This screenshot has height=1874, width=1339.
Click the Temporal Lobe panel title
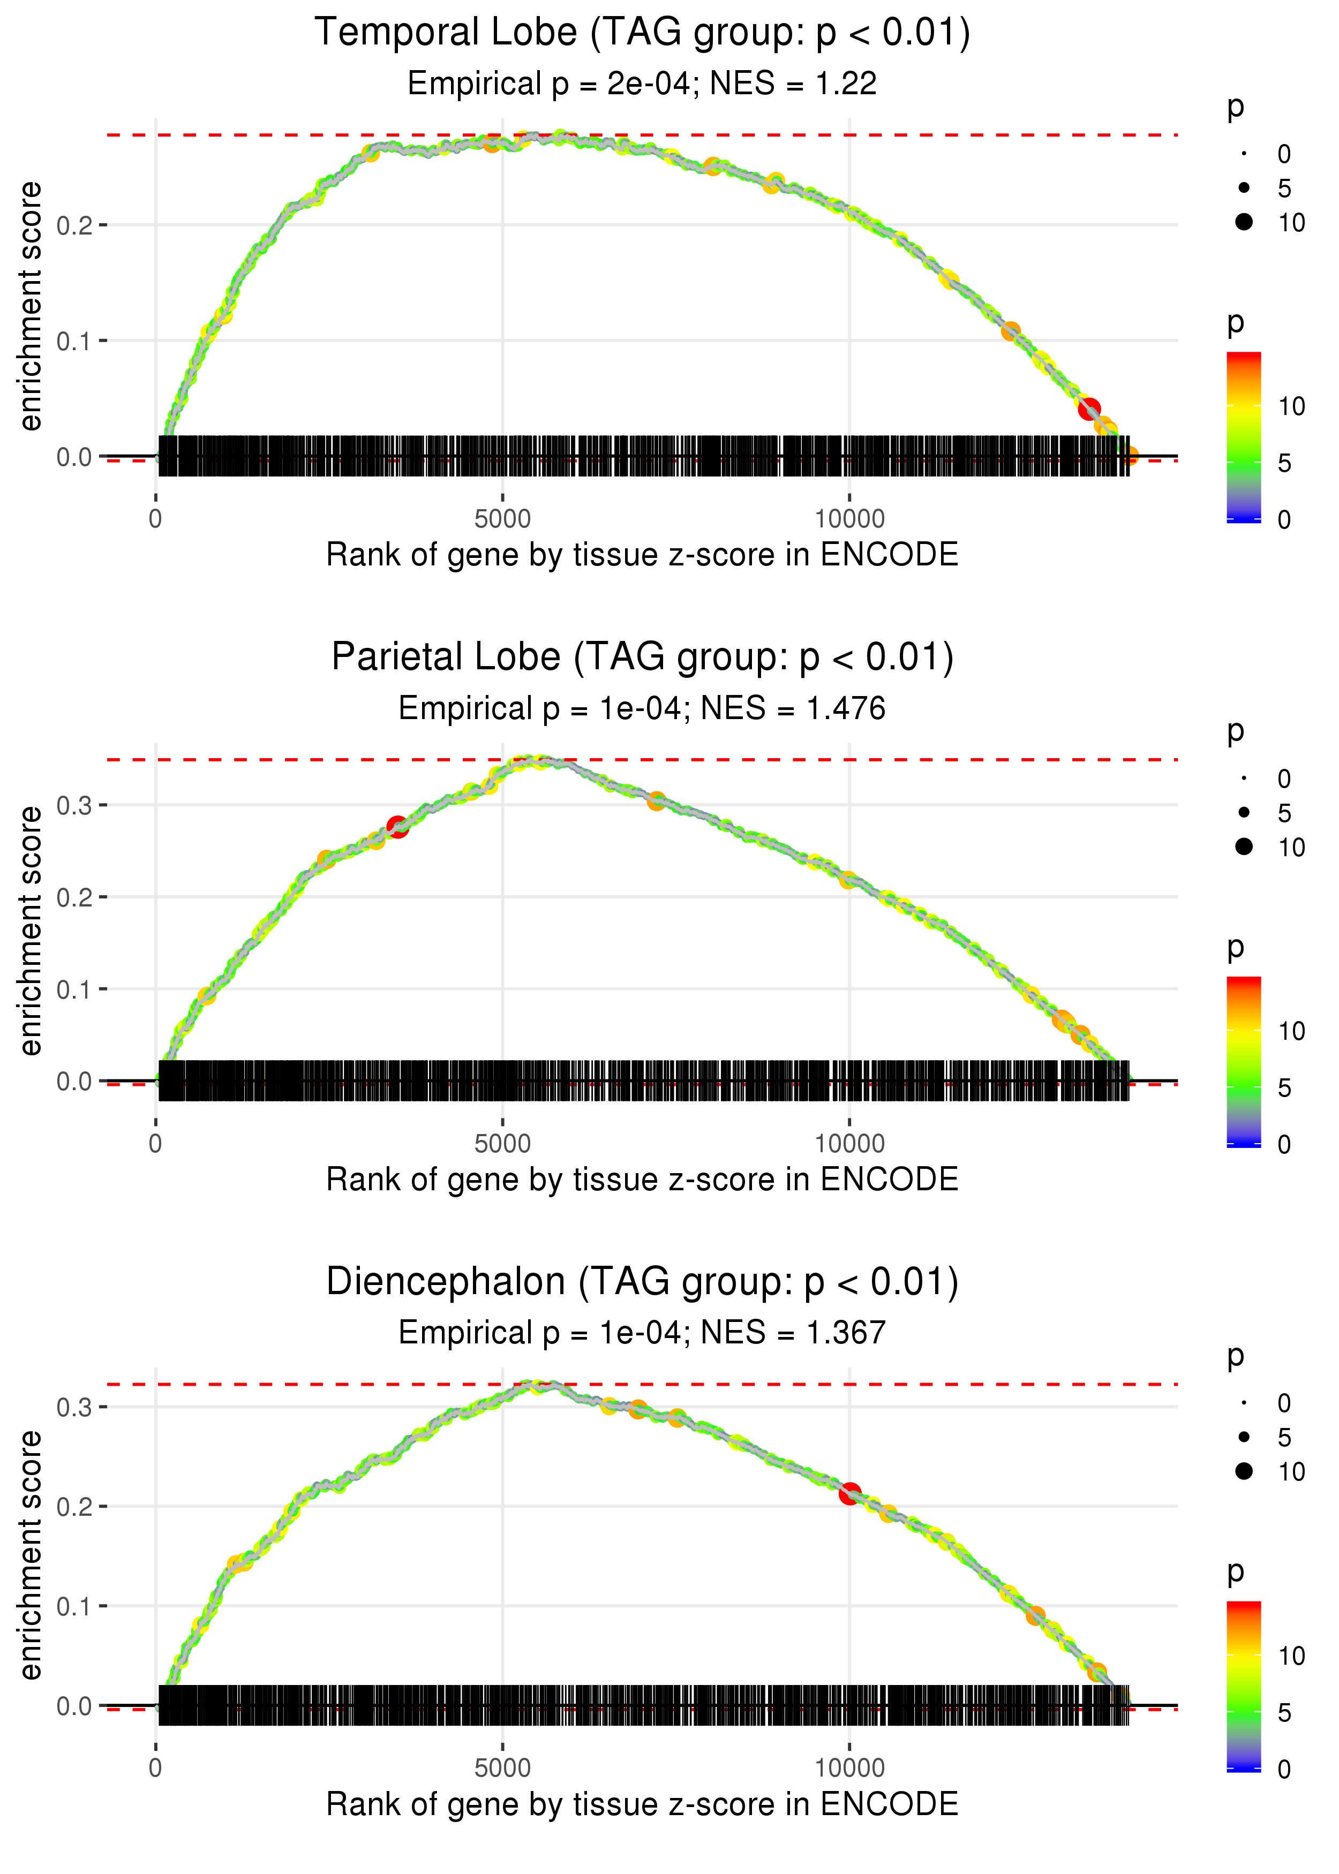pos(642,33)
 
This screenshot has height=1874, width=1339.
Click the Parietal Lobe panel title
pos(642,658)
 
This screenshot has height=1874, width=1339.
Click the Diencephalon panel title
pos(642,1282)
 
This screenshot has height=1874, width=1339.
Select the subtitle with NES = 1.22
pos(642,84)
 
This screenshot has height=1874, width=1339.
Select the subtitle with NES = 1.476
pos(642,709)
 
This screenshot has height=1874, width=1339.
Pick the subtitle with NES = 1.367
pos(642,1333)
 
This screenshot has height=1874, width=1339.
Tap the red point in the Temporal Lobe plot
pos(1089,408)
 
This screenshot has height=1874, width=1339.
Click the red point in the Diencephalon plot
pos(849,1493)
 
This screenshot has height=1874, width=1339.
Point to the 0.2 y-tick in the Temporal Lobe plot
pos(74,225)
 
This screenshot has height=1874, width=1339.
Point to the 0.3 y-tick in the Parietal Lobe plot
pos(74,805)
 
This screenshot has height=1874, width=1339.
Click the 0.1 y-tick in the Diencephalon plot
pos(74,1606)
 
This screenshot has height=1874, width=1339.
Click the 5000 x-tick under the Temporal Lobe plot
pos(502,519)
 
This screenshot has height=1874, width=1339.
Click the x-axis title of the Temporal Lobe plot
pos(642,555)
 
